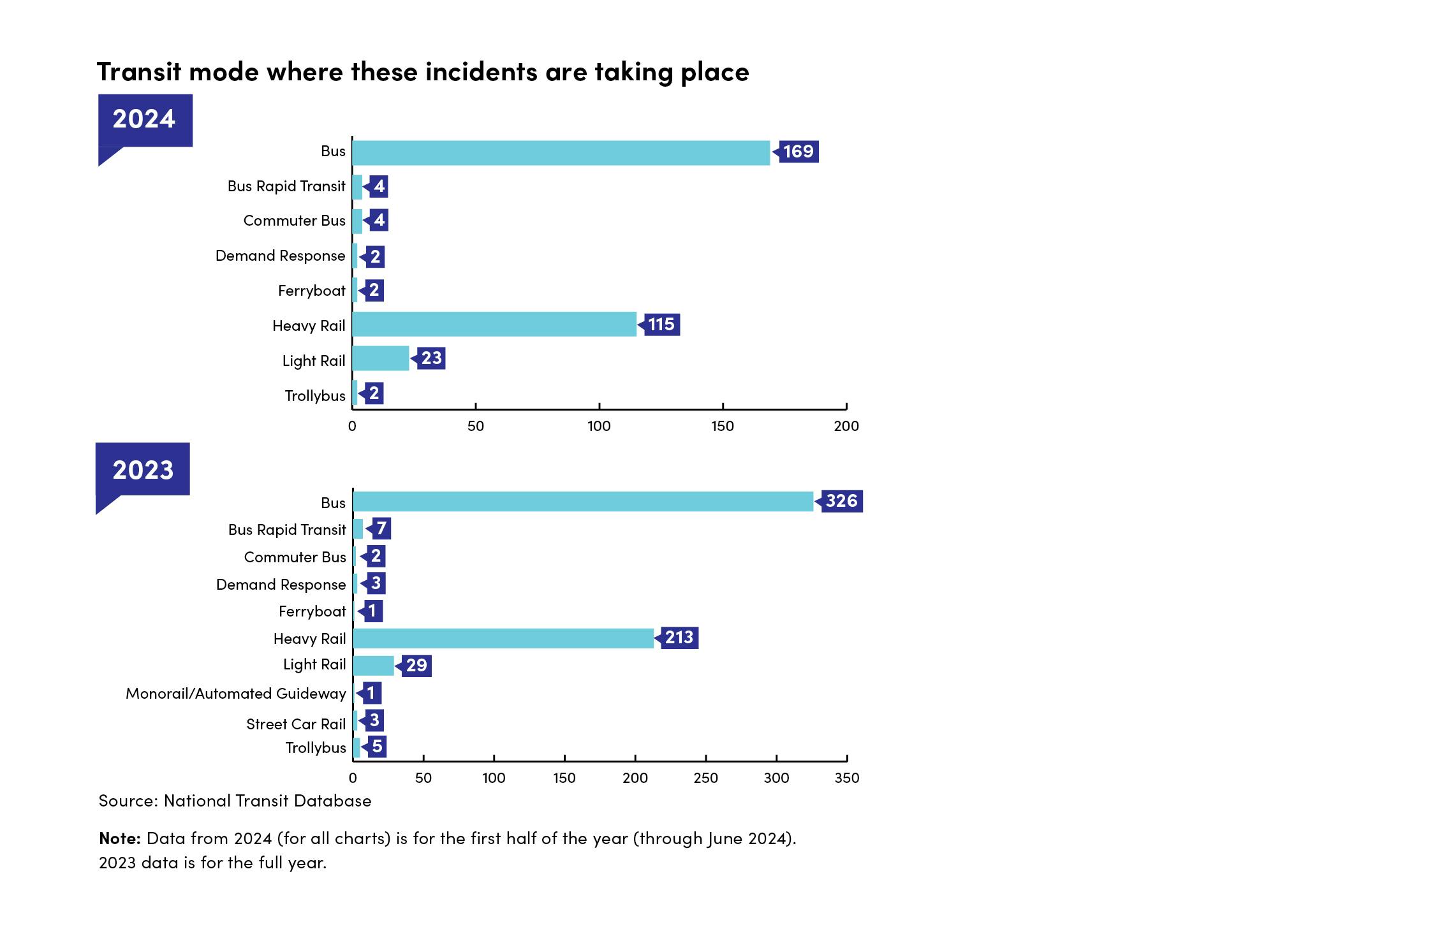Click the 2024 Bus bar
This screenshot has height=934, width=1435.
[x=561, y=153]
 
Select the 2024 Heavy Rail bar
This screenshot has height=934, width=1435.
[x=494, y=324]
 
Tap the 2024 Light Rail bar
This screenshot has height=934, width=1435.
[x=381, y=358]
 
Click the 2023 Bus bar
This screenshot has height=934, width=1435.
[x=583, y=501]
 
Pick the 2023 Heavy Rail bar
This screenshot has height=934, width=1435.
[x=503, y=638]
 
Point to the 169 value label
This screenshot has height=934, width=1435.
[x=798, y=152]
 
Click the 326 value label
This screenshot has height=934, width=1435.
[x=841, y=501]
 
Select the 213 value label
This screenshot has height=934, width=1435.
[x=679, y=638]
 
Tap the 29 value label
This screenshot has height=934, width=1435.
[x=416, y=666]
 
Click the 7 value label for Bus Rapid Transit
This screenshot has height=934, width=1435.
[x=381, y=529]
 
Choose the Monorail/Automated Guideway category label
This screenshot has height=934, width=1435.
[x=236, y=694]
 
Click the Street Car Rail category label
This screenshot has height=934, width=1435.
[x=296, y=724]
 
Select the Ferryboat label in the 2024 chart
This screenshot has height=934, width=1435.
[x=311, y=291]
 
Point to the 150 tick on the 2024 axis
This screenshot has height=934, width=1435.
[x=723, y=426]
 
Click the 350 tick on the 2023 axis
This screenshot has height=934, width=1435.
[x=847, y=778]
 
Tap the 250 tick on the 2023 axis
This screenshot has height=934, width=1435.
[x=705, y=778]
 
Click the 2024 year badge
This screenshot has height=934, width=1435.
[x=145, y=120]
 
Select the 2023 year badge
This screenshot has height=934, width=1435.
[x=143, y=470]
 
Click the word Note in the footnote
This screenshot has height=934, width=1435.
[x=119, y=838]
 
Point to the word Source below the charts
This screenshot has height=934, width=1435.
[x=128, y=801]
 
